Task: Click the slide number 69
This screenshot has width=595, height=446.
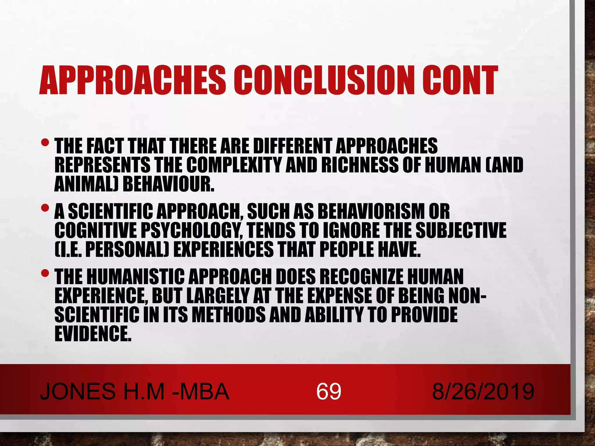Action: tap(329, 391)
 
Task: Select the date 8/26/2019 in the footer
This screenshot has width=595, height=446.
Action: tap(483, 391)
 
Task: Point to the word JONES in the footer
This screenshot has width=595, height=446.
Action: tap(78, 391)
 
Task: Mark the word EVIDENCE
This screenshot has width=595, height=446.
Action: tap(93, 333)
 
